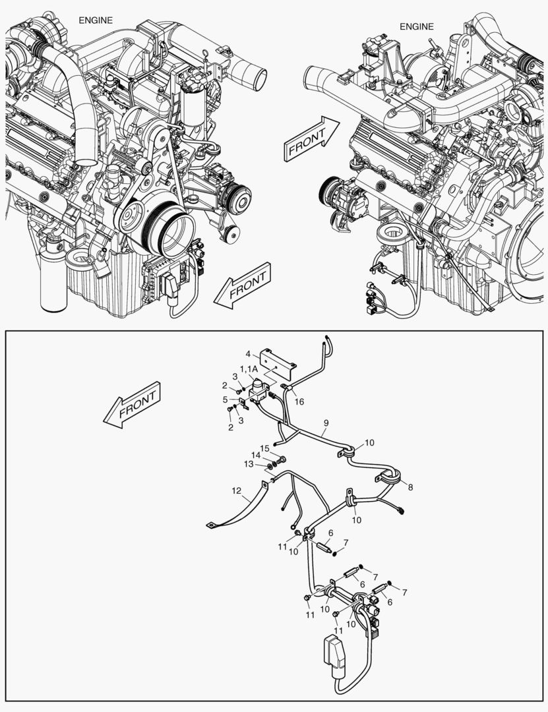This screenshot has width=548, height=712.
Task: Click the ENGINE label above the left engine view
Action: click(96, 20)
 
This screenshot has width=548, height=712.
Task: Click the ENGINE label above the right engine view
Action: click(417, 27)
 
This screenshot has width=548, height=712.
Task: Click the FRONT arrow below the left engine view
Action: click(243, 285)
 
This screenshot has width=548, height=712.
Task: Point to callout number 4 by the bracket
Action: click(248, 353)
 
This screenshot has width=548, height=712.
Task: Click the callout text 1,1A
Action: click(249, 369)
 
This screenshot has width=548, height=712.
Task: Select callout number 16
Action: click(299, 401)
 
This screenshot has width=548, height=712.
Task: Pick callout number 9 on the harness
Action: click(325, 422)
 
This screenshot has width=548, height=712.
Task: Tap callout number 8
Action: click(410, 488)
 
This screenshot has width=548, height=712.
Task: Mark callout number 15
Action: click(264, 449)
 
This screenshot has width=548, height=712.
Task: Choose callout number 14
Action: click(255, 456)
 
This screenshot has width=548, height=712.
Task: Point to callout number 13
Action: click(248, 464)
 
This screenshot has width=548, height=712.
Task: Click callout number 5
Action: click(225, 400)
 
